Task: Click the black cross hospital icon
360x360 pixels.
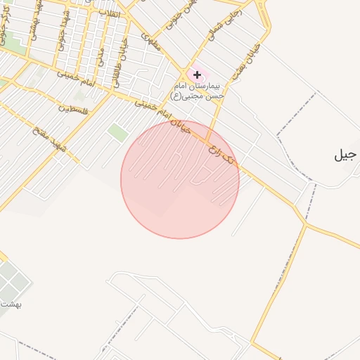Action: click(197, 75)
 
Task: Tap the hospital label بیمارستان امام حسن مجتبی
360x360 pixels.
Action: click(199, 90)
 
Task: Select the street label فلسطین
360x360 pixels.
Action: click(74, 109)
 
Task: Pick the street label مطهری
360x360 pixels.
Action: click(149, 40)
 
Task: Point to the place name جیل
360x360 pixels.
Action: click(347, 155)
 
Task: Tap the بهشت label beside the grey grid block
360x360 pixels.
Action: click(11, 304)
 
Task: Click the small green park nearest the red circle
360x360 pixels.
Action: click(117, 132)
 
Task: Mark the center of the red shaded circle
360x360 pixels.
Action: click(180, 179)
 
